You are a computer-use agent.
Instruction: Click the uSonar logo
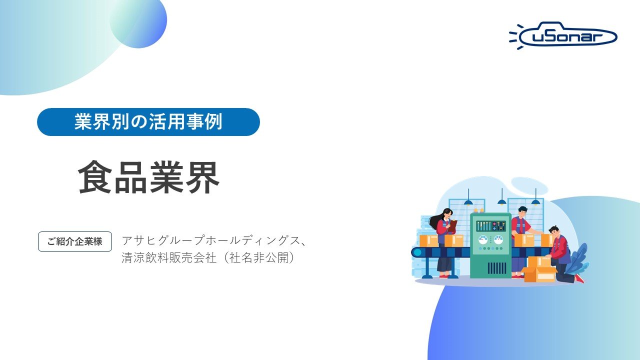click(x=564, y=35)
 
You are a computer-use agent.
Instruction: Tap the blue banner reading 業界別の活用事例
click(x=148, y=122)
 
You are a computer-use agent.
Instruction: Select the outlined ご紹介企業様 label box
click(x=75, y=241)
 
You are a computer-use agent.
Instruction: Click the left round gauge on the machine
click(x=483, y=239)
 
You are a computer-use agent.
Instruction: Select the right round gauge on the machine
click(x=498, y=239)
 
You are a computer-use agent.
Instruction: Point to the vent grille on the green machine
click(x=496, y=267)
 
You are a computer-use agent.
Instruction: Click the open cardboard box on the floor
click(x=539, y=272)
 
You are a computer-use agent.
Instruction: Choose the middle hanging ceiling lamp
click(x=501, y=201)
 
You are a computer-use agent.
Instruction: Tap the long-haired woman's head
click(x=446, y=213)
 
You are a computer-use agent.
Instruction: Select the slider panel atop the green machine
click(x=490, y=225)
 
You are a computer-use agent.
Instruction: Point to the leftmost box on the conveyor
click(x=428, y=240)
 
